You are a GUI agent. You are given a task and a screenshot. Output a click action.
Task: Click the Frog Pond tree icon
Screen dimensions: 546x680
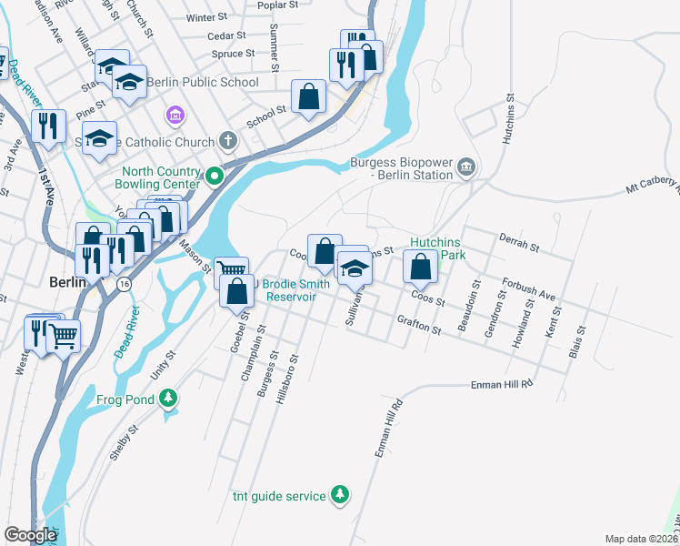(167, 398)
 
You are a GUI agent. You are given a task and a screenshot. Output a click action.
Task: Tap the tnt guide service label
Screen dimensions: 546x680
(277, 496)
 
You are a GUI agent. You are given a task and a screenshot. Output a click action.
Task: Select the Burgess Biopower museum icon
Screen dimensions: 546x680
(466, 166)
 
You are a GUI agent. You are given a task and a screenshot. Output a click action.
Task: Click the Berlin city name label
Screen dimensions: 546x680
(67, 282)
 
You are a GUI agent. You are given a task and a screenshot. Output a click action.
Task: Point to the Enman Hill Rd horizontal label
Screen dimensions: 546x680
(501, 385)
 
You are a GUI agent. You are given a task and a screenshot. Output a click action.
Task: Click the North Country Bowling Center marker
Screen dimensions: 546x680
(215, 176)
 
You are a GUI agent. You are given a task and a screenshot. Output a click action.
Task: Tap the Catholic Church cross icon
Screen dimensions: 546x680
(228, 142)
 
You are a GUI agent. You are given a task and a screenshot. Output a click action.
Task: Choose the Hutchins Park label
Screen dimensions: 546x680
(437, 248)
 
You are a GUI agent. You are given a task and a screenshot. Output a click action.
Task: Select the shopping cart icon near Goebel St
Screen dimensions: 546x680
(231, 269)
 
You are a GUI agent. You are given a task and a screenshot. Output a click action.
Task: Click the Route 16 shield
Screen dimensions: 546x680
(123, 284)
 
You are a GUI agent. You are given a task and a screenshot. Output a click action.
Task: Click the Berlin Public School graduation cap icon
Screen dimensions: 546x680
(130, 82)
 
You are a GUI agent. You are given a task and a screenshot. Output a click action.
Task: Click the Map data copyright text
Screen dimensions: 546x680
(640, 539)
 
